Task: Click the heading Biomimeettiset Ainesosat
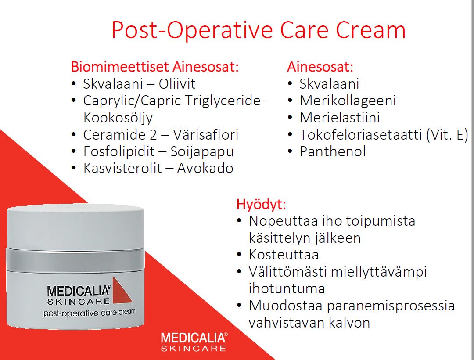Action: [x=155, y=66]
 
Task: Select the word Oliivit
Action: [x=177, y=84]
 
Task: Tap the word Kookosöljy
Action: [x=118, y=118]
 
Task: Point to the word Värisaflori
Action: [x=205, y=134]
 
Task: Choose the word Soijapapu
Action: [x=202, y=152]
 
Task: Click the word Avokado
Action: [x=205, y=168]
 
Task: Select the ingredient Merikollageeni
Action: [x=348, y=101]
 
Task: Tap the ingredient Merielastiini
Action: [x=340, y=118]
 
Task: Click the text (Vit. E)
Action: [x=447, y=134]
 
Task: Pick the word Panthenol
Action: [x=333, y=151]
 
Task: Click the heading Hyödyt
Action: [x=261, y=204]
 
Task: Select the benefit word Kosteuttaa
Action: [x=284, y=255]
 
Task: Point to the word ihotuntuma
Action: [x=287, y=288]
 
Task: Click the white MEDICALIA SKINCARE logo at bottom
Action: [x=194, y=342]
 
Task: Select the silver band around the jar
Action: [x=75, y=260]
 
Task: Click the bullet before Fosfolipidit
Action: [x=73, y=151]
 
